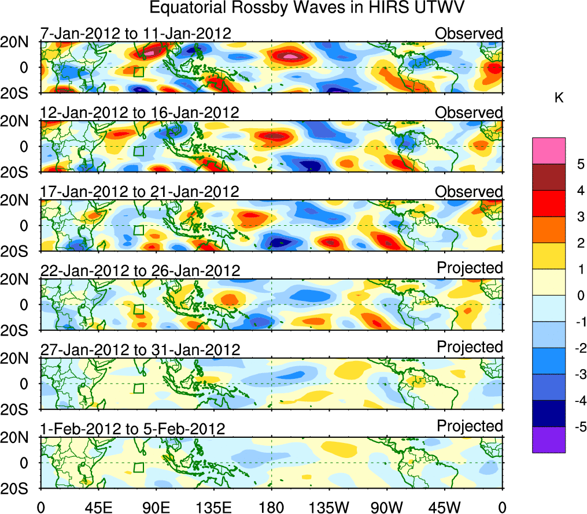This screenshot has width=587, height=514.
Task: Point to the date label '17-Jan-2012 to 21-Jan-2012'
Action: (x=139, y=192)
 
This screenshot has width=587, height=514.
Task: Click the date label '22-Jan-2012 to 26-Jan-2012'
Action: (x=139, y=271)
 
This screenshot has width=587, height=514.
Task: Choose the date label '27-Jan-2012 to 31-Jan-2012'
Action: (x=139, y=350)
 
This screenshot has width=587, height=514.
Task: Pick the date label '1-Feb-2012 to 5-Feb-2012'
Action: (x=132, y=429)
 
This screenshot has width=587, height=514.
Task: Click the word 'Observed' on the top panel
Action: (x=469, y=33)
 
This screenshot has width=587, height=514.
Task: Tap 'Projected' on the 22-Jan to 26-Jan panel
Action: (x=470, y=268)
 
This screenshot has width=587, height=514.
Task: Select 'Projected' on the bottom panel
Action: (x=470, y=426)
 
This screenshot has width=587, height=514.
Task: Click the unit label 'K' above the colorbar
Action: (x=559, y=99)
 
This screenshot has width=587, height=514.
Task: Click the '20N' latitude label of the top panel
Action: (x=18, y=42)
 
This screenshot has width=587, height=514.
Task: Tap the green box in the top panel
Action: (x=138, y=72)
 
